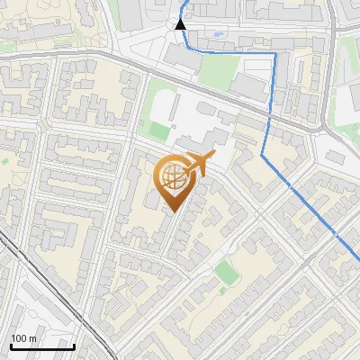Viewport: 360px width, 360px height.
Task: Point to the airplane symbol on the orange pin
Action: point(199,165)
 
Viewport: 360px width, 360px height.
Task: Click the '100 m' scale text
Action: point(23,338)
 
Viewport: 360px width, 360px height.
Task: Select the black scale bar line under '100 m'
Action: point(41,346)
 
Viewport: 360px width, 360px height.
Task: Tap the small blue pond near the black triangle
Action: point(219,36)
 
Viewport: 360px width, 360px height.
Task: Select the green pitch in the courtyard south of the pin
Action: point(227,271)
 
